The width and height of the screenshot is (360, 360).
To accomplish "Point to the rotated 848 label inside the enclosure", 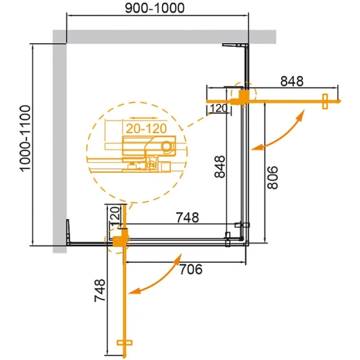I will pos(221,167).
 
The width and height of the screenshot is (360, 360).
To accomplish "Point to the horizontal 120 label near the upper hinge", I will pos(217,108).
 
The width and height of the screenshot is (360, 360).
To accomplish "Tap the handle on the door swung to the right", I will pos(325,101).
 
